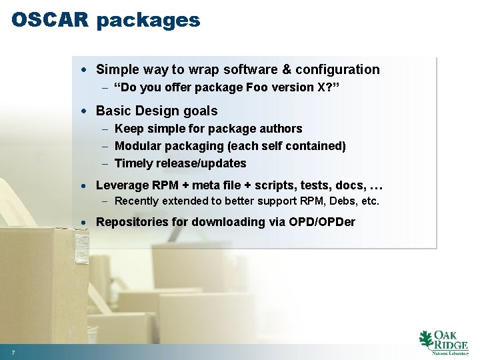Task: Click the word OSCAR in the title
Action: click(50, 20)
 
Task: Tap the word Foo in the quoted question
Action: click(245, 87)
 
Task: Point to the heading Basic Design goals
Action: click(157, 111)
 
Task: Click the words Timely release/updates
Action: click(181, 163)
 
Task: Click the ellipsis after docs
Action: click(376, 185)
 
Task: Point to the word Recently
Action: click(137, 201)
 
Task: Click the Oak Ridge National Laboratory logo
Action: click(443, 341)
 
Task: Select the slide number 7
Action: click(13, 351)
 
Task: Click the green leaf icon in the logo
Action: click(425, 340)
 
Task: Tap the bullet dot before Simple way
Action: click(89, 70)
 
